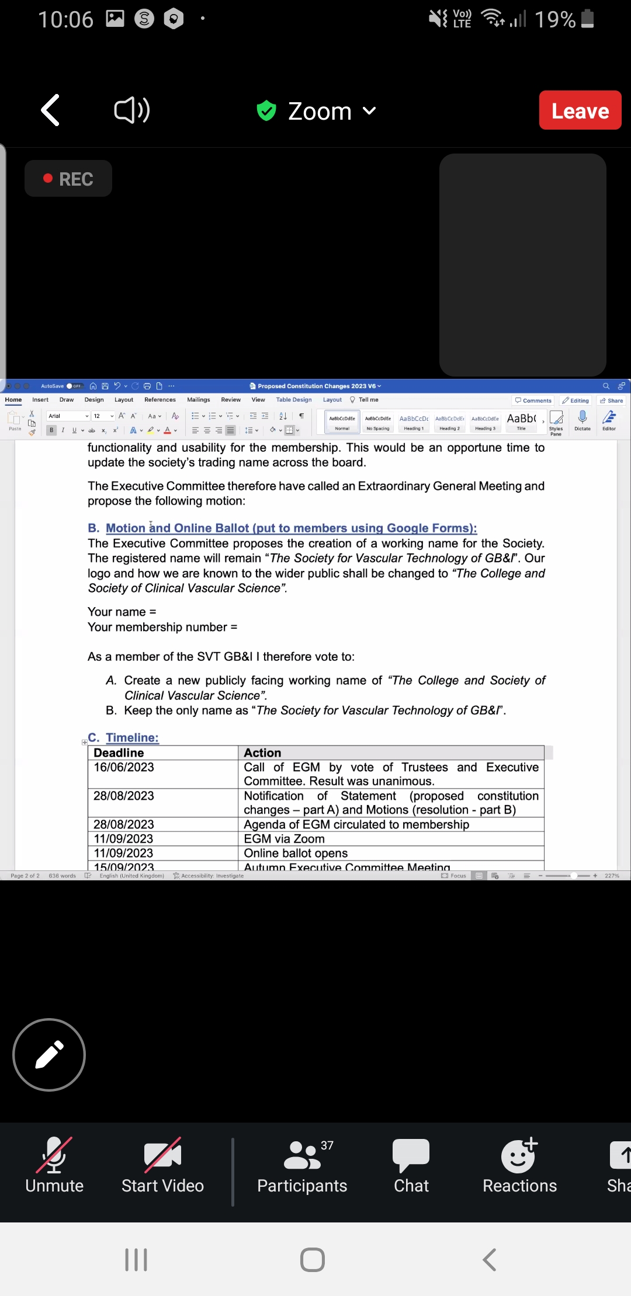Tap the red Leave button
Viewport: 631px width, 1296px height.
[x=580, y=110]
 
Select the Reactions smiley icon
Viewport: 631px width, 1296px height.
[x=519, y=1155]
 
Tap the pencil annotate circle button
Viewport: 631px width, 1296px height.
[x=49, y=1055]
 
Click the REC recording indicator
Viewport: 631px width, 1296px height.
[x=68, y=179]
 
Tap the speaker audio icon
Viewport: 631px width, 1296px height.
[x=131, y=110]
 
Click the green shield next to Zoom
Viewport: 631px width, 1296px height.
[x=266, y=110]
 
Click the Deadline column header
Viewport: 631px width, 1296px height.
[x=119, y=752]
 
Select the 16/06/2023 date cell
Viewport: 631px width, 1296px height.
[x=124, y=767]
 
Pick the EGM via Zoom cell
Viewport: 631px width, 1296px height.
[x=285, y=839]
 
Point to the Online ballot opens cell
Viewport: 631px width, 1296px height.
[x=296, y=853]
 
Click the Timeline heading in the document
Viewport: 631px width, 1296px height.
[x=132, y=737]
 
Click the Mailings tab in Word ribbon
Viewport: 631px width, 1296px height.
[x=199, y=400]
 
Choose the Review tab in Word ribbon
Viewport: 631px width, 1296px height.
[x=231, y=400]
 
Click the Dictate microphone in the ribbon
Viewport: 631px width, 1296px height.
[x=583, y=419]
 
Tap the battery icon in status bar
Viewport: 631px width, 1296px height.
[x=588, y=19]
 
